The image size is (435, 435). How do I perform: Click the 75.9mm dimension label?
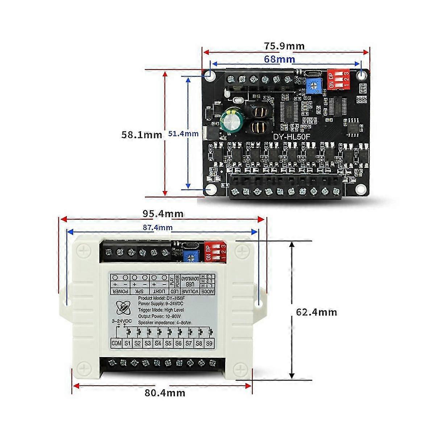[x=284, y=46]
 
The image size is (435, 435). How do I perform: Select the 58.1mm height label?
[x=142, y=135]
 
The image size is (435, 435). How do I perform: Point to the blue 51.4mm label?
[x=183, y=133]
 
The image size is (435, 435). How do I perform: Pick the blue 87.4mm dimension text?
[x=158, y=228]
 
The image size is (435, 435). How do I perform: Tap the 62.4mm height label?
[x=316, y=312]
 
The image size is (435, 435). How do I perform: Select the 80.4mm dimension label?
[x=165, y=393]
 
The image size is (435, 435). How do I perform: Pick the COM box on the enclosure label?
[x=116, y=343]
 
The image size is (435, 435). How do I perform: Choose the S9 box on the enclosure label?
[x=209, y=343]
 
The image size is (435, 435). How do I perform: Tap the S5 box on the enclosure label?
[x=168, y=343]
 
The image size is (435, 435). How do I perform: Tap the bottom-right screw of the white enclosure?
[x=240, y=370]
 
